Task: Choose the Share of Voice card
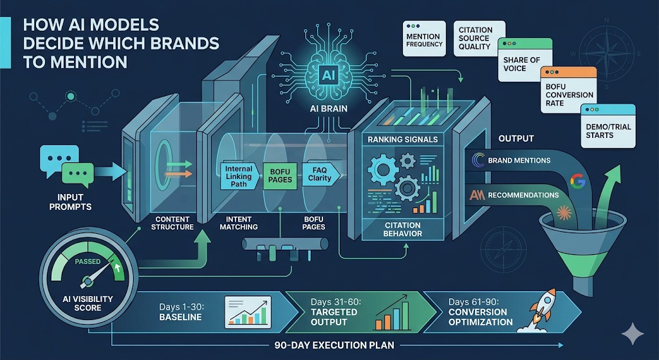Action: click(x=526, y=62)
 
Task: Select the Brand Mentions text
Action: click(x=519, y=160)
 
